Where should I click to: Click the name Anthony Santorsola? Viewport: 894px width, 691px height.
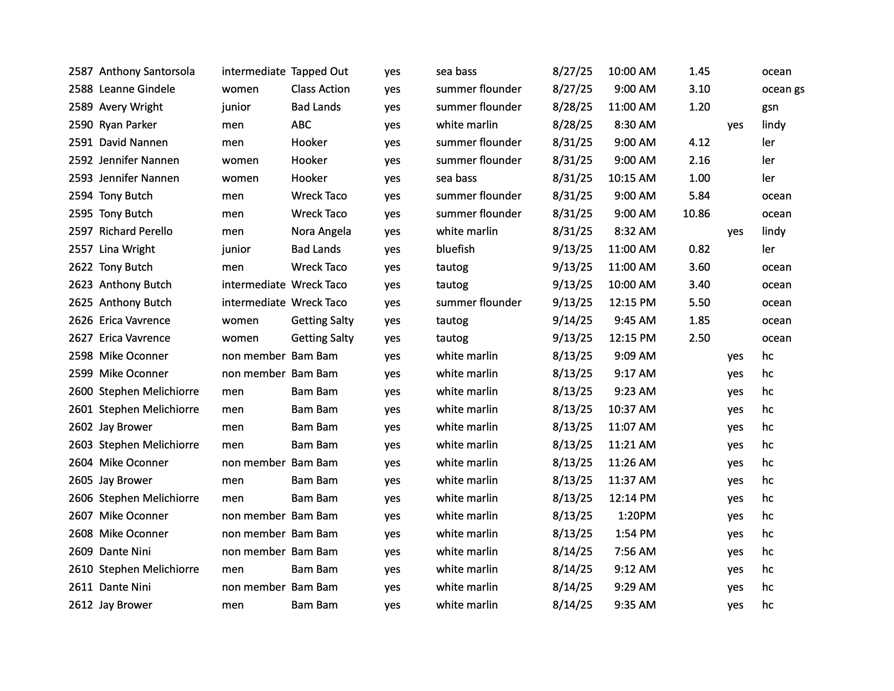tap(147, 72)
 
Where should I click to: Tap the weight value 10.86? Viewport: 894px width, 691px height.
tap(696, 214)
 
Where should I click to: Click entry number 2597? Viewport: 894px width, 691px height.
tap(81, 232)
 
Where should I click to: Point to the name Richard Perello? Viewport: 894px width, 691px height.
tap(136, 232)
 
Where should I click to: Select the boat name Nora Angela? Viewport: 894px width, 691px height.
tap(321, 232)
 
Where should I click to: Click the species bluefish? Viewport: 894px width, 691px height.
tap(455, 249)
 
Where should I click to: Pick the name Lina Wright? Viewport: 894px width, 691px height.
tap(127, 249)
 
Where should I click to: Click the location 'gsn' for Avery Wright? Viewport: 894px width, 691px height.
tap(770, 107)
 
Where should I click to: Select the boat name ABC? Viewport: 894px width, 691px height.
tap(301, 125)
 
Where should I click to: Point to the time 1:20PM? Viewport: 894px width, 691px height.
tap(637, 516)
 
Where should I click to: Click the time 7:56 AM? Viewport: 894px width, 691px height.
tap(634, 552)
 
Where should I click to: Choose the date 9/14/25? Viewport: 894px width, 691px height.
tap(572, 320)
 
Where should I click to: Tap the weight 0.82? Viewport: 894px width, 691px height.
tap(699, 249)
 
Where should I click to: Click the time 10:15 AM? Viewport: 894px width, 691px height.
tap(632, 178)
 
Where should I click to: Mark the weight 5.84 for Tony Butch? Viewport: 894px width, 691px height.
tap(699, 196)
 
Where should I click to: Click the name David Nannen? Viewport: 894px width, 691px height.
tap(133, 142)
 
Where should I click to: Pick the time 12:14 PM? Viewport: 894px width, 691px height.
tap(632, 498)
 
